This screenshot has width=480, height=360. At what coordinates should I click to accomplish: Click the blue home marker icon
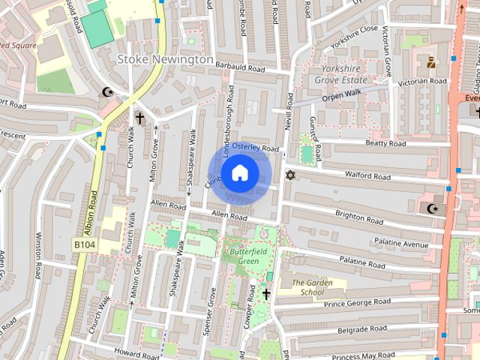tap(238, 173)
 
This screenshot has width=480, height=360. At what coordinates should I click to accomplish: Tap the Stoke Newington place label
tap(166, 58)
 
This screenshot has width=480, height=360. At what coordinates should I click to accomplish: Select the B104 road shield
tap(85, 244)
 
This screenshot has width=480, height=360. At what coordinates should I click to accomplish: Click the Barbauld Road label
tap(240, 69)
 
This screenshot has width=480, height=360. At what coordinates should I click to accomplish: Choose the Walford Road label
tap(367, 177)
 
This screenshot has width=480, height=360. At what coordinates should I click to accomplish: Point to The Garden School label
tap(307, 287)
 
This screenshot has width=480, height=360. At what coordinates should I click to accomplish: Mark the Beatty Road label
tap(385, 143)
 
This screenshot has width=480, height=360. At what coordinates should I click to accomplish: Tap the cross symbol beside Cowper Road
tap(266, 294)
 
